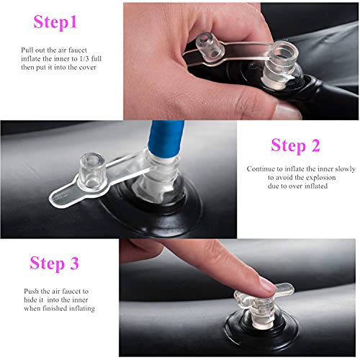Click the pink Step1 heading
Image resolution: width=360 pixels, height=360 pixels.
pos(55,22)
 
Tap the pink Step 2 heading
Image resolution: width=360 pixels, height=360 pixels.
pos(295,145)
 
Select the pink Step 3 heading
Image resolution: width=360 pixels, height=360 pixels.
pos(54,263)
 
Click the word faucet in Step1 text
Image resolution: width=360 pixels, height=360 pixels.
pos(77,50)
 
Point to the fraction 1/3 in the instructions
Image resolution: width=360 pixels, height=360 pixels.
pos(84,58)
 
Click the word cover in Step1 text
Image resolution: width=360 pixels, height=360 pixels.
pos(88,68)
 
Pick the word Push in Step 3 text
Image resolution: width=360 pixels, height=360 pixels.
pos(31,291)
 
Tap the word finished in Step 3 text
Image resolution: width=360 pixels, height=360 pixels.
pos(55,308)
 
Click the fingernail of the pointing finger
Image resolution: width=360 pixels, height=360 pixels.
pos(269,286)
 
